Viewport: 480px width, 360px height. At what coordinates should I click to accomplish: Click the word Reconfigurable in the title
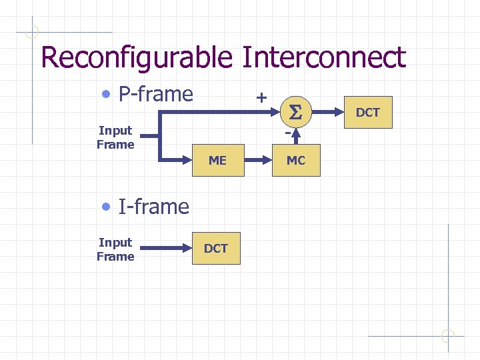pyautogui.click(x=137, y=58)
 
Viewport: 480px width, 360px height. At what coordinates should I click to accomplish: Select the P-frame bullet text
pyautogui.click(x=155, y=94)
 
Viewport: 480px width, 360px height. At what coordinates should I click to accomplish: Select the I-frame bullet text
pyautogui.click(x=153, y=207)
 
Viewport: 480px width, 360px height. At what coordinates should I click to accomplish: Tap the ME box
pyautogui.click(x=217, y=160)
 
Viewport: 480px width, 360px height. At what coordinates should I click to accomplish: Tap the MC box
pyautogui.click(x=296, y=160)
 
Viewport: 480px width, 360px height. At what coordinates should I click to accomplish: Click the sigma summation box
pyautogui.click(x=296, y=114)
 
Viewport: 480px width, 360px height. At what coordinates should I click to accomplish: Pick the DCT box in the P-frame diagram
pyautogui.click(x=367, y=112)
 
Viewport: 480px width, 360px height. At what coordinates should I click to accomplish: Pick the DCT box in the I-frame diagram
pyautogui.click(x=215, y=248)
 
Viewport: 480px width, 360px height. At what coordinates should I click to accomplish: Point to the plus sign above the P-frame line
pyautogui.click(x=262, y=97)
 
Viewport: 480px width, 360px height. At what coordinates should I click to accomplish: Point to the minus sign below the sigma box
pyautogui.click(x=287, y=133)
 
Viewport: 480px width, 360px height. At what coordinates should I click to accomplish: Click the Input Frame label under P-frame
pyautogui.click(x=115, y=137)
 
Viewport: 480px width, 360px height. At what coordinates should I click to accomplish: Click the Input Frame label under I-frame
pyautogui.click(x=115, y=249)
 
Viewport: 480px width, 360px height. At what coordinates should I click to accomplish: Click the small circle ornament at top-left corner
pyautogui.click(x=32, y=31)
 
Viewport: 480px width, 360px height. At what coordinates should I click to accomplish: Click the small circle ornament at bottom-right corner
pyautogui.click(x=448, y=335)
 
